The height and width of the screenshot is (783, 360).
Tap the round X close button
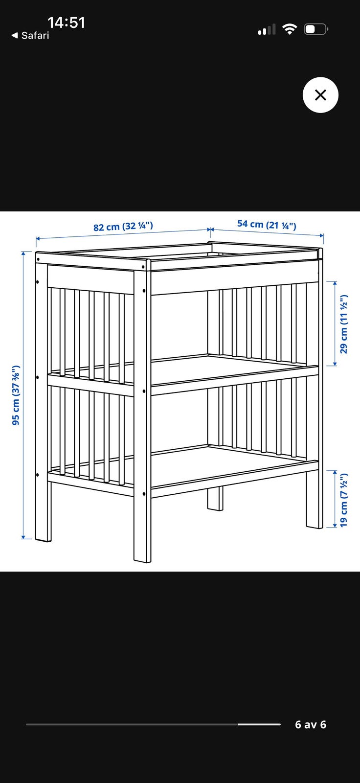pos(320,95)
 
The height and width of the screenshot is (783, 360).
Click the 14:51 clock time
pos(66,23)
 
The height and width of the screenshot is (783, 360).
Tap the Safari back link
pos(30,35)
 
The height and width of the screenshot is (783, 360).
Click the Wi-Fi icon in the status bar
pos(290,29)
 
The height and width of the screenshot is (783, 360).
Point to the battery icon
pos(316,29)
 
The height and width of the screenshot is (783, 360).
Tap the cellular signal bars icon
pos(267,29)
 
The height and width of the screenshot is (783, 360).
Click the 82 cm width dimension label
pos(123,226)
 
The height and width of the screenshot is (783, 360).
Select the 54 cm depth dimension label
pos(267,225)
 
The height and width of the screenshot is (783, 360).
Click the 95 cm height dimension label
pos(16,395)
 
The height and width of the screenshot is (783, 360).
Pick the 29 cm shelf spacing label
pos(344,324)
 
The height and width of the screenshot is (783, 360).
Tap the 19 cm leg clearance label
pos(344,500)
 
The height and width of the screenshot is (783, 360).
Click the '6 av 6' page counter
pos(311,725)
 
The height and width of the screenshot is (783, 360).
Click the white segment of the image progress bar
pos(259,724)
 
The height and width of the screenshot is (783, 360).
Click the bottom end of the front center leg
pos(143,561)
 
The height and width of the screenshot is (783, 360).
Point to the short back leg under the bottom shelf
pos(215,498)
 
